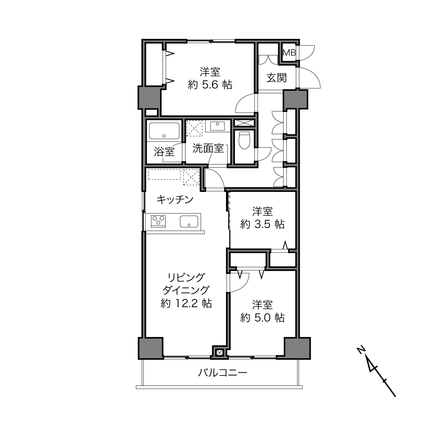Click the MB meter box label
(289, 53)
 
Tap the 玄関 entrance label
(276, 78)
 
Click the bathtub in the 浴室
(164, 131)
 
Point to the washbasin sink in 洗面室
(217, 126)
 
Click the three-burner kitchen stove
(158, 221)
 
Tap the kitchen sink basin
(189, 221)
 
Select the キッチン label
(175, 199)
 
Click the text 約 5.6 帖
(210, 85)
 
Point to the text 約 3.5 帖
(262, 224)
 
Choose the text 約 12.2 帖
(186, 304)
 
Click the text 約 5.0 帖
(262, 318)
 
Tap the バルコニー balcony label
(223, 373)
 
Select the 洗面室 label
(208, 148)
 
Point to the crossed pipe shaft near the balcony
(219, 353)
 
